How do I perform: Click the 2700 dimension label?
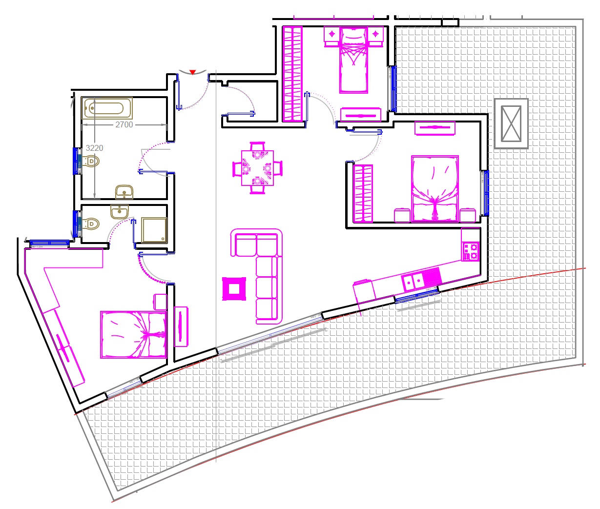[124, 125]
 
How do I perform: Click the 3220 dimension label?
[95, 148]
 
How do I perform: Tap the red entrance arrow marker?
[192, 72]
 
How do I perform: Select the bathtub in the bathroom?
[107, 108]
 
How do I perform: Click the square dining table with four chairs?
[257, 168]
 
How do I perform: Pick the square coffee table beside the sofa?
[234, 289]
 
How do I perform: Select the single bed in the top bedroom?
[353, 60]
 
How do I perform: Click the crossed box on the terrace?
[511, 124]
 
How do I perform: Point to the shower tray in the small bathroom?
[154, 230]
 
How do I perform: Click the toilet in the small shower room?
[91, 224]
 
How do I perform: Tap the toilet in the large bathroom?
[91, 161]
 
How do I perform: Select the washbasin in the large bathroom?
[124, 192]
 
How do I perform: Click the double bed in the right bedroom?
[435, 189]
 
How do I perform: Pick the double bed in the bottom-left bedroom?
[133, 335]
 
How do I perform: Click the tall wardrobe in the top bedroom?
[292, 74]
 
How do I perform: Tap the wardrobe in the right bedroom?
[363, 194]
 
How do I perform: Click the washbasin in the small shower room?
[119, 211]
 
